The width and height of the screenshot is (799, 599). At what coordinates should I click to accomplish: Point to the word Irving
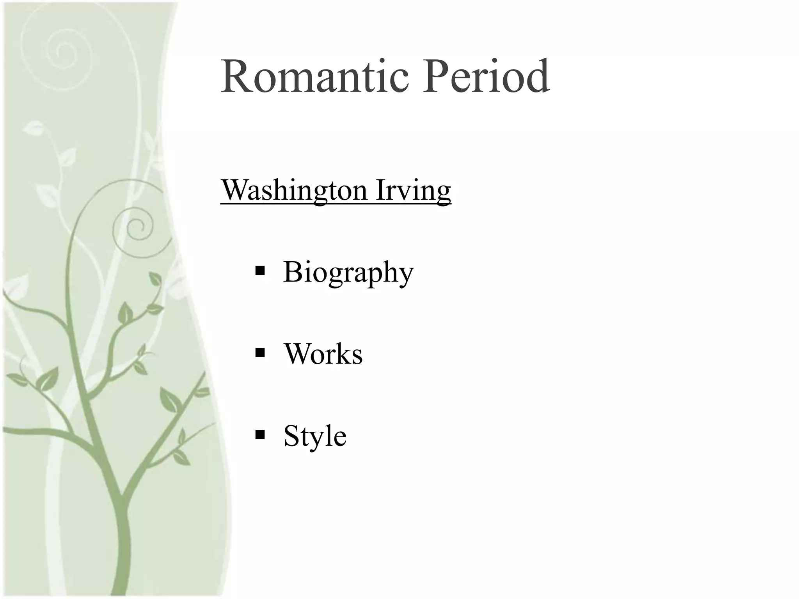[414, 190]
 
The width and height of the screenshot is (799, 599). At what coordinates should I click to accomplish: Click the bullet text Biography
[348, 273]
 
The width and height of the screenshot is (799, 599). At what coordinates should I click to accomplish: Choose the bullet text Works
[323, 354]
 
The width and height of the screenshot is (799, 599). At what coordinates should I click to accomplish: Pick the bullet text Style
[315, 436]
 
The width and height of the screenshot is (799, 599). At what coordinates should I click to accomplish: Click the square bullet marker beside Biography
[260, 271]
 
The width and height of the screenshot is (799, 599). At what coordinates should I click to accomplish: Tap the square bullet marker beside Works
[260, 353]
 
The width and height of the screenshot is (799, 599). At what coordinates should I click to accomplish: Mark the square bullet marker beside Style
[260, 434]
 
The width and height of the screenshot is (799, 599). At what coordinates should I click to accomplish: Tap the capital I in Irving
[381, 190]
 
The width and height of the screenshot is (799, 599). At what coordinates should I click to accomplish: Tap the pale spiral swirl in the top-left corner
[62, 53]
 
